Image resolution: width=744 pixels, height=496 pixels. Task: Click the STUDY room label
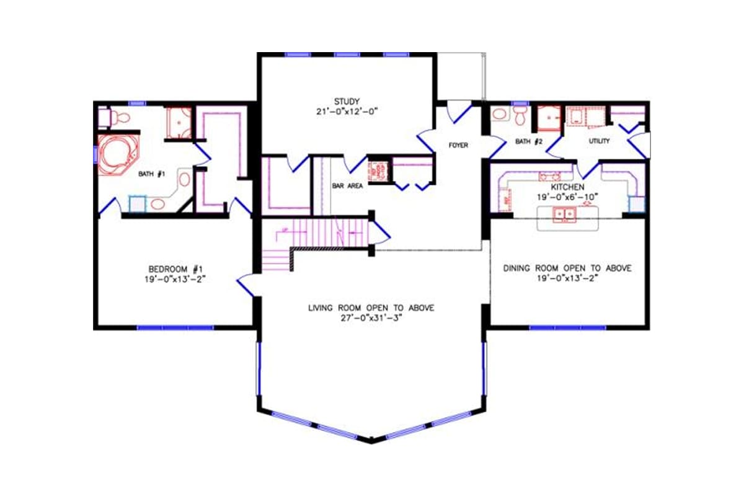point(347,102)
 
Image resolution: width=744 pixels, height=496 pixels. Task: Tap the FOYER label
point(458,145)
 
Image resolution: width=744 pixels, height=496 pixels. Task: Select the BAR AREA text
point(347,185)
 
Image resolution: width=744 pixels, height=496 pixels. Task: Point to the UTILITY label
point(599,141)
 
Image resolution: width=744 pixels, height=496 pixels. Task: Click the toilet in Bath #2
point(520,115)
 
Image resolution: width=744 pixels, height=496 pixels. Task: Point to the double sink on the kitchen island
point(565,215)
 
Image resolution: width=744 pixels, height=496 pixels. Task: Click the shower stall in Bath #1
point(178,123)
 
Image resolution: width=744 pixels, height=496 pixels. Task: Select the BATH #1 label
point(151,174)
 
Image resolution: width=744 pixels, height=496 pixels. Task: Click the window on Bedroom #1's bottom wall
point(175,327)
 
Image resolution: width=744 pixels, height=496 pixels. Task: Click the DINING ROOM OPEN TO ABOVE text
point(567,268)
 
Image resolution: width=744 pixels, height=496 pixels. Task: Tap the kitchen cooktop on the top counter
point(547,176)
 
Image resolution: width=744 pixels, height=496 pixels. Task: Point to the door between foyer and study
point(427,140)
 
